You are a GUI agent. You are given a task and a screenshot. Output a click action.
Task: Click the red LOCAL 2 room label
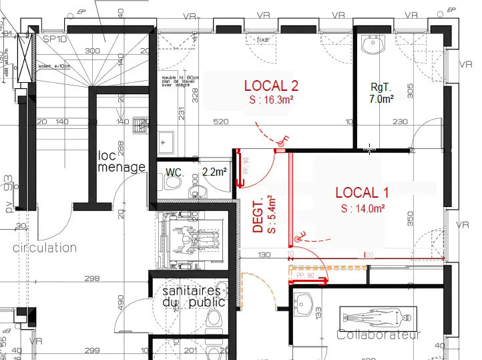(x=271, y=85)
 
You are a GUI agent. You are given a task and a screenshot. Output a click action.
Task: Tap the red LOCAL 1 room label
(x=362, y=193)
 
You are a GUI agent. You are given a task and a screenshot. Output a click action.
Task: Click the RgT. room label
(x=381, y=86)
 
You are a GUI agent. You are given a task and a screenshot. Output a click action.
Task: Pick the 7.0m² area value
(x=381, y=98)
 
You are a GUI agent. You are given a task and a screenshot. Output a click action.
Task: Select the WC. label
(x=175, y=172)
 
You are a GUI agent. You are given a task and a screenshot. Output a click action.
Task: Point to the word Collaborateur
(x=379, y=335)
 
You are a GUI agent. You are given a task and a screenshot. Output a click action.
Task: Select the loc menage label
(x=121, y=161)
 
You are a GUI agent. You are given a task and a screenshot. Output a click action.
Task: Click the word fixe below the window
(x=263, y=40)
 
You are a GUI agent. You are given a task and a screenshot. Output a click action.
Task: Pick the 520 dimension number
(x=222, y=122)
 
